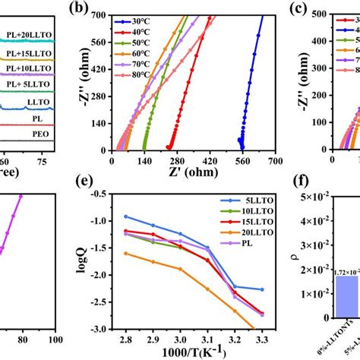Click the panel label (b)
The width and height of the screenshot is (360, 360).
click(x=79, y=9)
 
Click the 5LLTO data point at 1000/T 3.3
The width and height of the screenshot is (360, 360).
click(x=262, y=289)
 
